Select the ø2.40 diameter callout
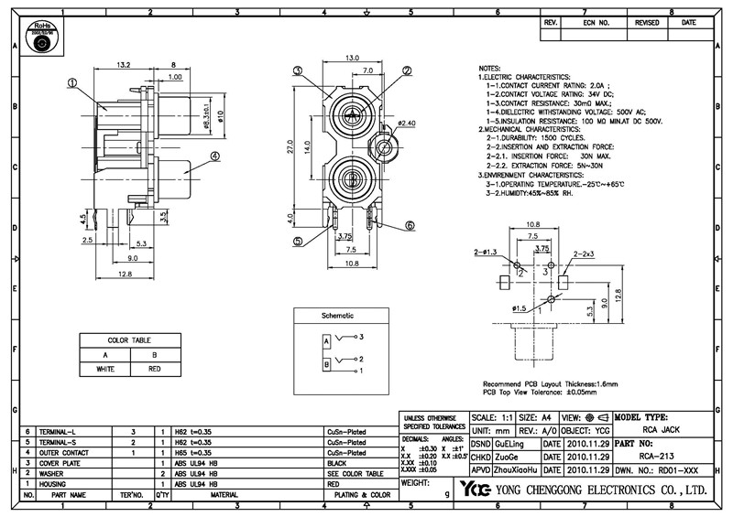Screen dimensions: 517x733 click(407, 123)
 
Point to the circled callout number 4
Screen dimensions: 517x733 click(215, 156)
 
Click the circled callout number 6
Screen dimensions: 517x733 click(410, 224)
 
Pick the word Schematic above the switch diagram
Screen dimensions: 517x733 click(337, 316)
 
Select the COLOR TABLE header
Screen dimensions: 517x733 click(129, 339)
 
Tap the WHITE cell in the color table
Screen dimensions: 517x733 click(104, 369)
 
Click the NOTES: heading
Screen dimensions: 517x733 click(492, 70)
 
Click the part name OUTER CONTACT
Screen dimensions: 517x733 click(63, 452)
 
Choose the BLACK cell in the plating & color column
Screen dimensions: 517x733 click(336, 463)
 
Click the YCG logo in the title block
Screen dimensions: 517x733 click(476, 489)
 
